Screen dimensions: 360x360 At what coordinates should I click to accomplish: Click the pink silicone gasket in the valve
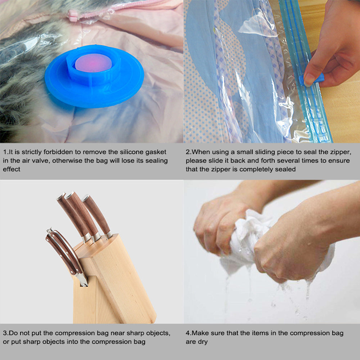click(94, 63)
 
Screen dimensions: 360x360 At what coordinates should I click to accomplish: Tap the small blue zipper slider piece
click(312, 79)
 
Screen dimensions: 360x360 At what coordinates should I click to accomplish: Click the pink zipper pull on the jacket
click(73, 15)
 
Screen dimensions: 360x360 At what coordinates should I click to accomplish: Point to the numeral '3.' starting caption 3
click(6, 333)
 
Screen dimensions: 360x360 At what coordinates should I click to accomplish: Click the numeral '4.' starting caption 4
click(189, 333)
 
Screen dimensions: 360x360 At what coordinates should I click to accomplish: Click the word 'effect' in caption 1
click(12, 169)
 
